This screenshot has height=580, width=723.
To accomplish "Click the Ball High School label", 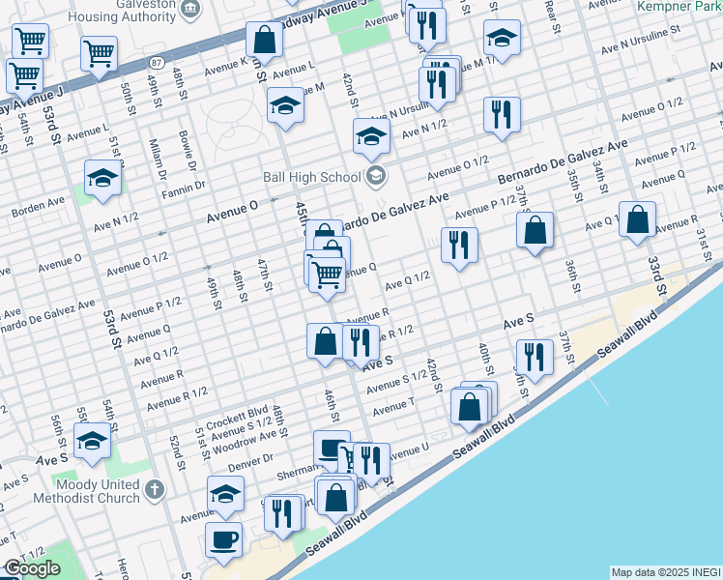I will [310, 177].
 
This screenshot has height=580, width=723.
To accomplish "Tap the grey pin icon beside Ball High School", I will [376, 176].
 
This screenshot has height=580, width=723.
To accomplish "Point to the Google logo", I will [32, 569].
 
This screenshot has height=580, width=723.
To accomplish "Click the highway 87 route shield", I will [156, 63].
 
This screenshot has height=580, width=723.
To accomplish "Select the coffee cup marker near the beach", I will [224, 540].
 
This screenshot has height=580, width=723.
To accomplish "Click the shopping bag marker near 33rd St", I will [637, 219].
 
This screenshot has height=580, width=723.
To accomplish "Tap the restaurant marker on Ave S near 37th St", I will [535, 357].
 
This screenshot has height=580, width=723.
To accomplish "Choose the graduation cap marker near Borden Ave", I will [101, 179].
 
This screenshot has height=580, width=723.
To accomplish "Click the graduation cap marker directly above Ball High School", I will [370, 137].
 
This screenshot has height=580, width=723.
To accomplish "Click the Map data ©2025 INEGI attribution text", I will [665, 572].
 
